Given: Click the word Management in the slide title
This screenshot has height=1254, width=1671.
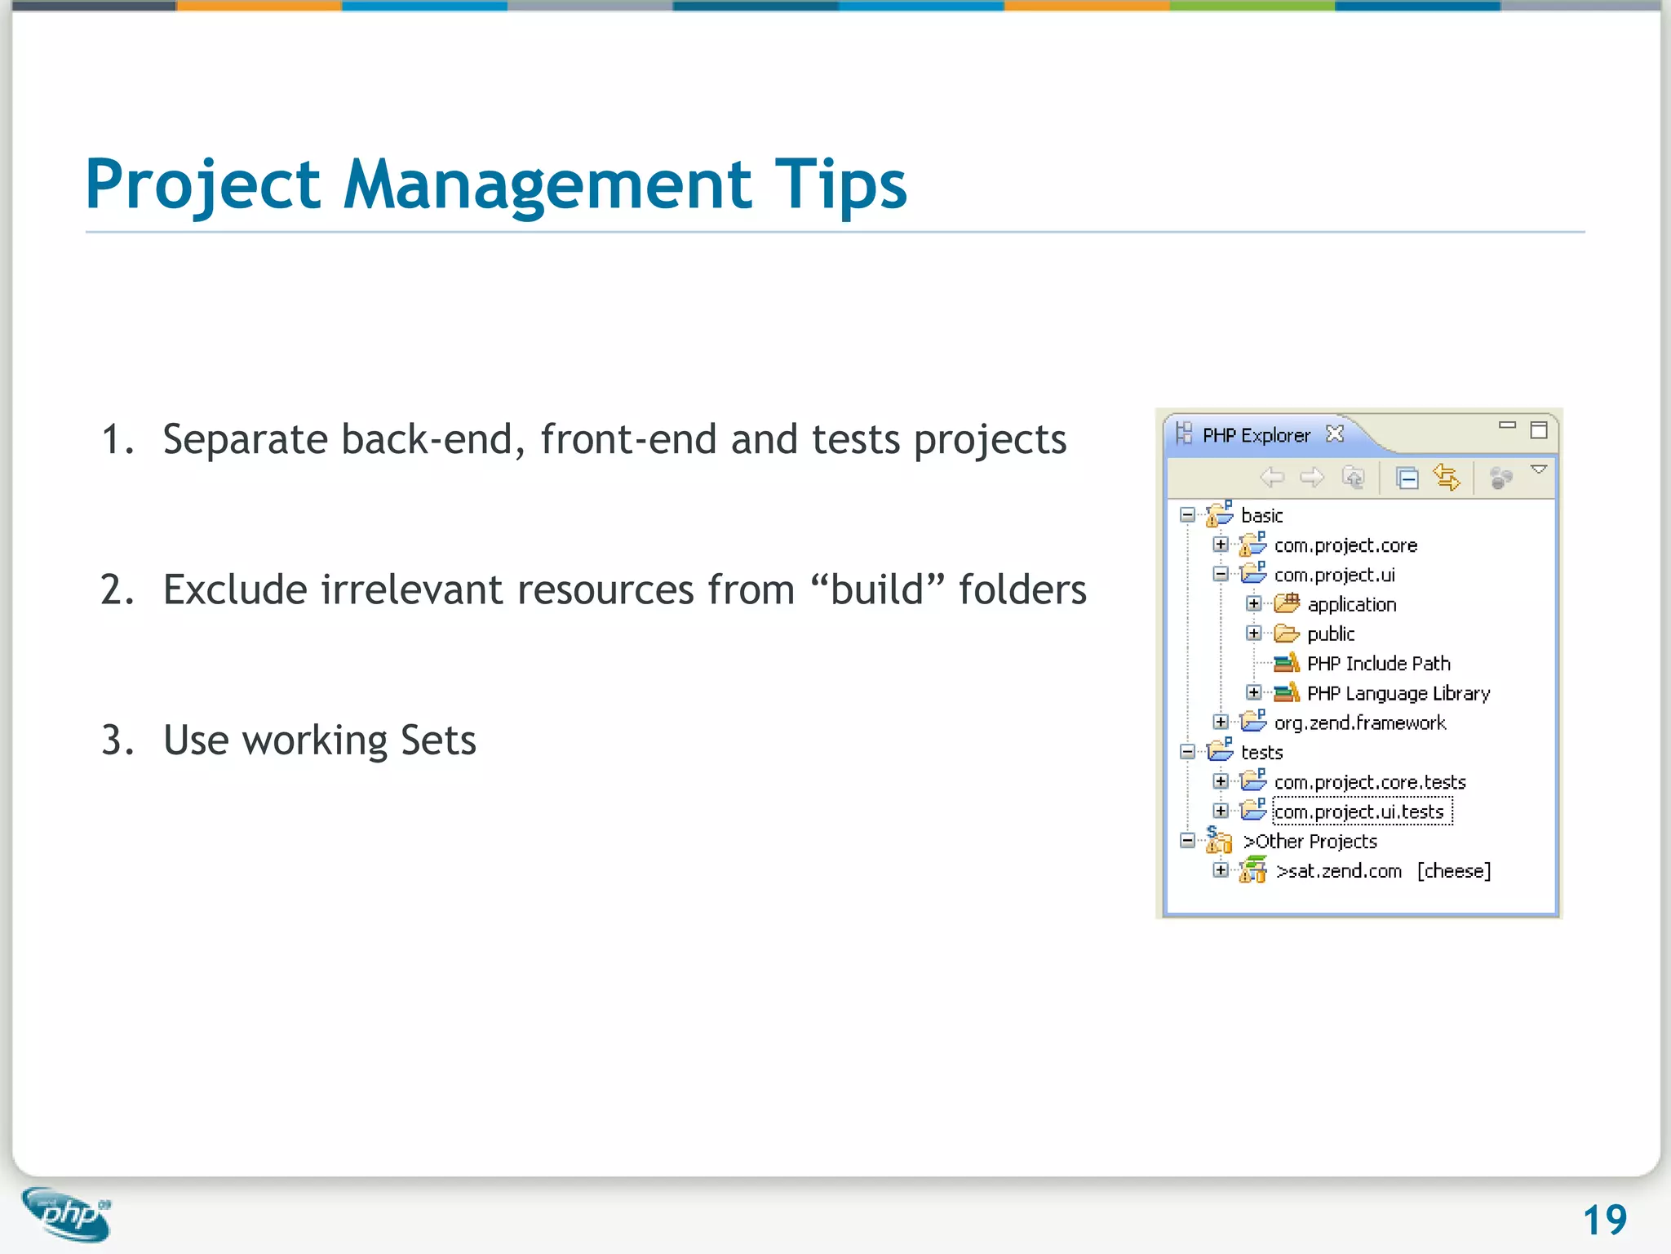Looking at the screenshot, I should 547,185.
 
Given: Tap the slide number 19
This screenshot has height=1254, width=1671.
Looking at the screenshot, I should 1604,1221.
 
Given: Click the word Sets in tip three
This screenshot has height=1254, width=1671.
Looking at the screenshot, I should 438,740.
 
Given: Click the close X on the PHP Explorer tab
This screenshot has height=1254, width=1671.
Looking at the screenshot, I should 1335,434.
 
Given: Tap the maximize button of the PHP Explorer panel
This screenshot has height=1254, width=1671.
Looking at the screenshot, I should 1539,430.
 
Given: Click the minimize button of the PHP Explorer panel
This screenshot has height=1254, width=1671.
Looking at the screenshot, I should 1507,425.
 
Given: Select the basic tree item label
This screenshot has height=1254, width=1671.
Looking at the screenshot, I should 1261,516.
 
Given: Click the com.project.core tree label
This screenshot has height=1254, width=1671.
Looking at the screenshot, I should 1345,545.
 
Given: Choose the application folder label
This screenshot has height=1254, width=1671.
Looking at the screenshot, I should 1352,605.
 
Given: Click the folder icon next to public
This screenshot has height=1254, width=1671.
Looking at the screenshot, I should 1287,634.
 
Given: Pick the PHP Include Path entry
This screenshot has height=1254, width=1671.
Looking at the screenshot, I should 1378,664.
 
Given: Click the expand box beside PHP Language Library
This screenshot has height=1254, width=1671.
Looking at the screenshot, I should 1254,693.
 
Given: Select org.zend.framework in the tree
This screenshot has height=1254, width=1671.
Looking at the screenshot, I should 1360,723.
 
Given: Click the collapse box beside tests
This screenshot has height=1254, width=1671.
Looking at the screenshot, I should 1188,752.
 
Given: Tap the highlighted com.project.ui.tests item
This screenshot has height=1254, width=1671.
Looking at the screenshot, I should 1359,812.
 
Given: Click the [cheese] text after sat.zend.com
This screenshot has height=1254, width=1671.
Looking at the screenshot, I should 1454,871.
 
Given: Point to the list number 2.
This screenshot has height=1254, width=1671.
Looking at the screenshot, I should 117,589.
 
